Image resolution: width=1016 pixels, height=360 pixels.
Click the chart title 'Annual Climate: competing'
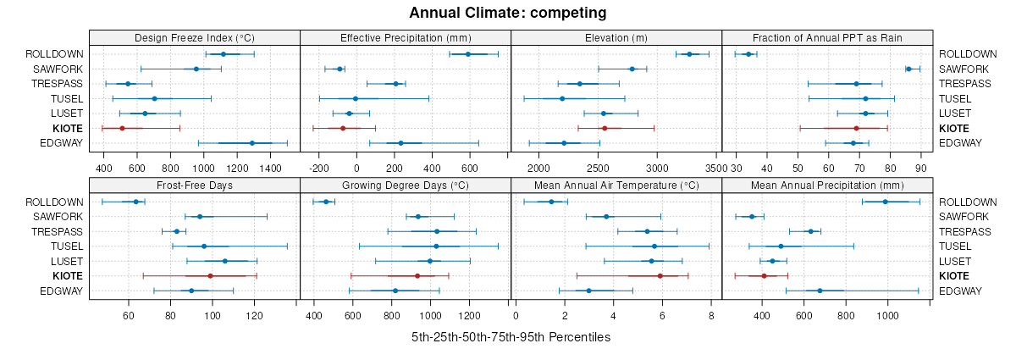[508, 13]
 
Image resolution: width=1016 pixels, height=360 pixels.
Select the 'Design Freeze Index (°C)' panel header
[195, 37]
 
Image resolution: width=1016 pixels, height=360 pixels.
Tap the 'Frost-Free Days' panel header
[195, 185]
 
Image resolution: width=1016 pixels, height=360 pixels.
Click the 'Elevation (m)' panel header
[616, 37]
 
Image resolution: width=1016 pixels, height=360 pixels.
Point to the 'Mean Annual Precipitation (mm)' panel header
[827, 185]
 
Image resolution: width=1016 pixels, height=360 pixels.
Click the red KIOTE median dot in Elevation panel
[605, 128]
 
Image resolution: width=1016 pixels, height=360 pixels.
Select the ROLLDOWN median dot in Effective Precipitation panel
[467, 54]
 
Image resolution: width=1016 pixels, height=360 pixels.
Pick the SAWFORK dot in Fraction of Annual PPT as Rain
[908, 69]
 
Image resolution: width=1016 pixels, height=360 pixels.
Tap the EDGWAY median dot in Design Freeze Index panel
[252, 143]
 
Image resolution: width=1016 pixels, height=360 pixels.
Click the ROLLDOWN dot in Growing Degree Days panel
[326, 202]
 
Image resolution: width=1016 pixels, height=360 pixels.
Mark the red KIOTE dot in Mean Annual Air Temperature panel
[660, 276]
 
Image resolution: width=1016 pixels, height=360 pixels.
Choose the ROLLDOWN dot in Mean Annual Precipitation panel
[886, 202]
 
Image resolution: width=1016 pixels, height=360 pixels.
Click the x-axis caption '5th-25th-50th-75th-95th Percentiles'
[511, 337]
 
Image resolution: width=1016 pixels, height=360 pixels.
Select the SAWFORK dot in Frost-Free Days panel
[200, 217]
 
